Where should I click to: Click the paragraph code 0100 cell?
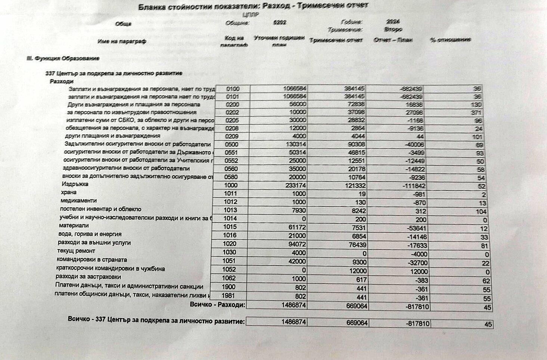(x=233, y=89)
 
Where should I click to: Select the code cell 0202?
(x=232, y=112)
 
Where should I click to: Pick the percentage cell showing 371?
(x=476, y=113)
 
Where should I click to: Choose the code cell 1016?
(x=230, y=235)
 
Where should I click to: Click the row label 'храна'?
(x=69, y=192)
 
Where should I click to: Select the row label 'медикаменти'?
(x=78, y=201)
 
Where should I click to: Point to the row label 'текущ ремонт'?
(x=76, y=251)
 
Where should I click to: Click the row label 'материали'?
(x=74, y=226)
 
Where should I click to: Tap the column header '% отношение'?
(x=450, y=40)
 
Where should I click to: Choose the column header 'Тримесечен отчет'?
(x=336, y=40)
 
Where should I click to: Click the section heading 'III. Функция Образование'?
(x=63, y=59)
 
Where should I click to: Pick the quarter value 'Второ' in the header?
(x=393, y=29)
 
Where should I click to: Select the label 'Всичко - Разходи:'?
(x=217, y=305)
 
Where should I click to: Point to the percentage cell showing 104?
(x=481, y=211)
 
